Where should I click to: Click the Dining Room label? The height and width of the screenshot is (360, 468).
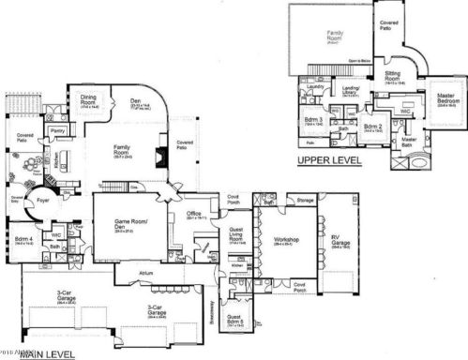89,97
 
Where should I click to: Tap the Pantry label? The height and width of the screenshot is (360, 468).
57,131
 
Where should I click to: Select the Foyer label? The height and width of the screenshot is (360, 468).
42,200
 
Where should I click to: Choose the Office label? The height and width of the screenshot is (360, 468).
195,213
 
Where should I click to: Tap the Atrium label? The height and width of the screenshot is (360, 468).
145,273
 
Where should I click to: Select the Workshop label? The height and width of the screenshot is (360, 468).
286,240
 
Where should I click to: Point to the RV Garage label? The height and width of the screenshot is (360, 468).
340,240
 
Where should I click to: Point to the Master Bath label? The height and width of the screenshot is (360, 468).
408,142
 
